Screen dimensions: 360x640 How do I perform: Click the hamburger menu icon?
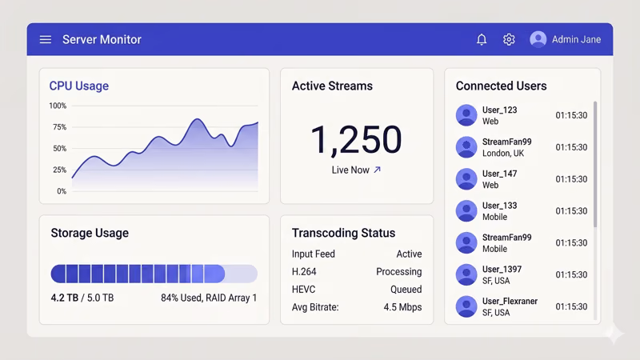[x=46, y=39]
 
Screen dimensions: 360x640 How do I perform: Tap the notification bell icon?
[x=482, y=39]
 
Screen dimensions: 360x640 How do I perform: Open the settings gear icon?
[x=509, y=39]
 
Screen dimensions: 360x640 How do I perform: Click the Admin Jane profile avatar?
[x=538, y=39]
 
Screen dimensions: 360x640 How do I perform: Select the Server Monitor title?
[x=102, y=39]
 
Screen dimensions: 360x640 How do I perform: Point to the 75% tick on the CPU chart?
[x=58, y=127]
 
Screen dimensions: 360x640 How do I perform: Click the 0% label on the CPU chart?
[x=61, y=191]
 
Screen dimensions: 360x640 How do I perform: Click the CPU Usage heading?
[x=78, y=86]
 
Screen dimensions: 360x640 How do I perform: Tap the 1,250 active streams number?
[x=355, y=140]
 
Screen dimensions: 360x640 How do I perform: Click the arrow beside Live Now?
[x=378, y=170]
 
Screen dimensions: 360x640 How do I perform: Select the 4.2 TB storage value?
[x=63, y=298]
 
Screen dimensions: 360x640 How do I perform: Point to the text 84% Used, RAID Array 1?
[x=209, y=298]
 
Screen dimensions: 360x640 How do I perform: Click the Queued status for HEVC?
[x=406, y=290]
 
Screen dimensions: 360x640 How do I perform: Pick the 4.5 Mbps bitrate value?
[x=402, y=307]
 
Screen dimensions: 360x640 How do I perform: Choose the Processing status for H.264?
[x=398, y=272]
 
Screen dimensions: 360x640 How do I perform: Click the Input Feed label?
[x=314, y=254]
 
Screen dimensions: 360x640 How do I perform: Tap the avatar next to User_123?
[x=466, y=115]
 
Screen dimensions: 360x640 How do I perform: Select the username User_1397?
[x=502, y=270]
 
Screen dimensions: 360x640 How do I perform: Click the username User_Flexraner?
[x=510, y=302]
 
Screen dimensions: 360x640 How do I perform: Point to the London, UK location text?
[x=503, y=154]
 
